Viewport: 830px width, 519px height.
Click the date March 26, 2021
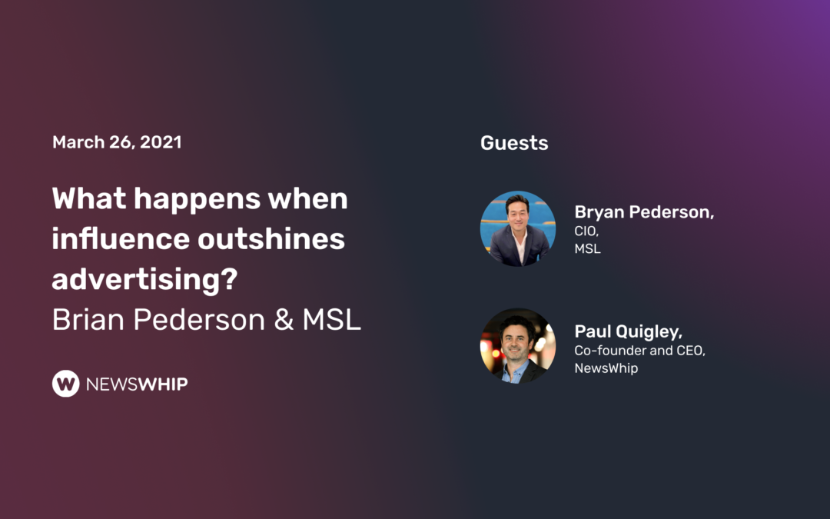117,142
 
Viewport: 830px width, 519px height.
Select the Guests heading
514,143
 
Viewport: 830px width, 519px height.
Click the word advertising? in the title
144,280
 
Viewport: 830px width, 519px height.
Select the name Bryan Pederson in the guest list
644,213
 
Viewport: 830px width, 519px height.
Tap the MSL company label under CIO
588,249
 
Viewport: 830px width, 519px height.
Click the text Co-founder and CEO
639,351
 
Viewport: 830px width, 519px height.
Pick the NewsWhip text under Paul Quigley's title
606,368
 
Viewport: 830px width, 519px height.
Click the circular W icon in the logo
65,383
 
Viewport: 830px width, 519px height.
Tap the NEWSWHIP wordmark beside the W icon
137,384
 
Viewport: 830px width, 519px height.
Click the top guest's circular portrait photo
517,228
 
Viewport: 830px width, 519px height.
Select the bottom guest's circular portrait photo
517,346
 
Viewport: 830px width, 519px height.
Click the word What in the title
88,199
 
